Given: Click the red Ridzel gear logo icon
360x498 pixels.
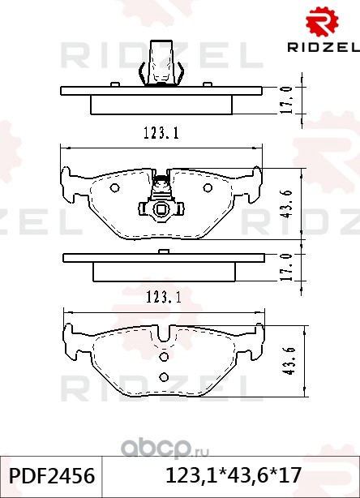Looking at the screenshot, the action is pos(322,22).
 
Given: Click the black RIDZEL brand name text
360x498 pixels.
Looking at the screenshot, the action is pos(324,47).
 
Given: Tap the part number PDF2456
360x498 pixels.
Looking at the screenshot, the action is pos(52,476).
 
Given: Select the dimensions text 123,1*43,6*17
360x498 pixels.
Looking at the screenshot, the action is pos(233,476).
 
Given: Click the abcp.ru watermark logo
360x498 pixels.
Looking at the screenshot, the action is pos(165,449).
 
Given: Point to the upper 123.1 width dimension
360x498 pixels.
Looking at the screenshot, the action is pos(161,133).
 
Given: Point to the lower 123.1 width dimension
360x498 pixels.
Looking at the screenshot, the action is pos(164,298).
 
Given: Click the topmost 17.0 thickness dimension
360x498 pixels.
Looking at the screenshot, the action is pos(287,100).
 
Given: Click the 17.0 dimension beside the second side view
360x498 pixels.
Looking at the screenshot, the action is pos(287,267).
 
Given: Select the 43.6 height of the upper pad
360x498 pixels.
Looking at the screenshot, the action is pos(287,204).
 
